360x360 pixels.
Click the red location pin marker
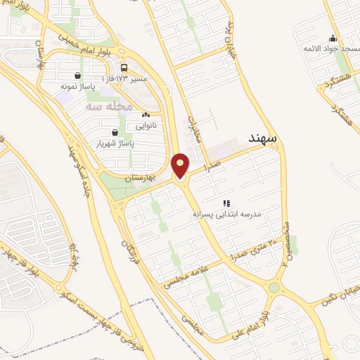[180, 167]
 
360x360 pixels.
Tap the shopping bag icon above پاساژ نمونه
[77, 75]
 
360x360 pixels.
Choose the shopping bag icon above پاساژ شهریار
[115, 132]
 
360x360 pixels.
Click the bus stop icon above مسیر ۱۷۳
[124, 68]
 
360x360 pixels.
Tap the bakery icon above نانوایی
[146, 115]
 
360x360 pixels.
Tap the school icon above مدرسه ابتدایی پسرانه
[226, 202]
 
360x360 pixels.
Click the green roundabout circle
[274, 288]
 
